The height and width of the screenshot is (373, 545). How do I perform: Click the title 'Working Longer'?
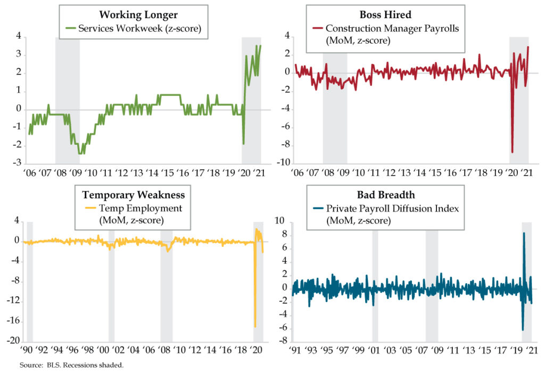pyautogui.click(x=139, y=14)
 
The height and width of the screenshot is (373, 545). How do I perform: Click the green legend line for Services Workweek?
pyautogui.click(x=70, y=29)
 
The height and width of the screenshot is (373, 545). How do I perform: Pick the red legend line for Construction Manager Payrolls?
pyautogui.click(x=318, y=29)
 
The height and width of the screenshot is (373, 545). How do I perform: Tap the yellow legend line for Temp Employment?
pyautogui.click(x=90, y=209)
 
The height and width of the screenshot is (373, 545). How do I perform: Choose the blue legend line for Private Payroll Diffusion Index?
pyautogui.click(x=317, y=209)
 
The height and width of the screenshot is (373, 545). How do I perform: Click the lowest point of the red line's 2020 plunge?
pyautogui.click(x=513, y=152)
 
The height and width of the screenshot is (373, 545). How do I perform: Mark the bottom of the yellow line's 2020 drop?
pyautogui.click(x=255, y=326)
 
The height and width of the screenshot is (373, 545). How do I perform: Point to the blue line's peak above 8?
pyautogui.click(x=524, y=233)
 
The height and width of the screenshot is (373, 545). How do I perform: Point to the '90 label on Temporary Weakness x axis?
pyautogui.click(x=26, y=351)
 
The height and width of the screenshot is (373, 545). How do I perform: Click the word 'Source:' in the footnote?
pyautogui.click(x=30, y=366)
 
